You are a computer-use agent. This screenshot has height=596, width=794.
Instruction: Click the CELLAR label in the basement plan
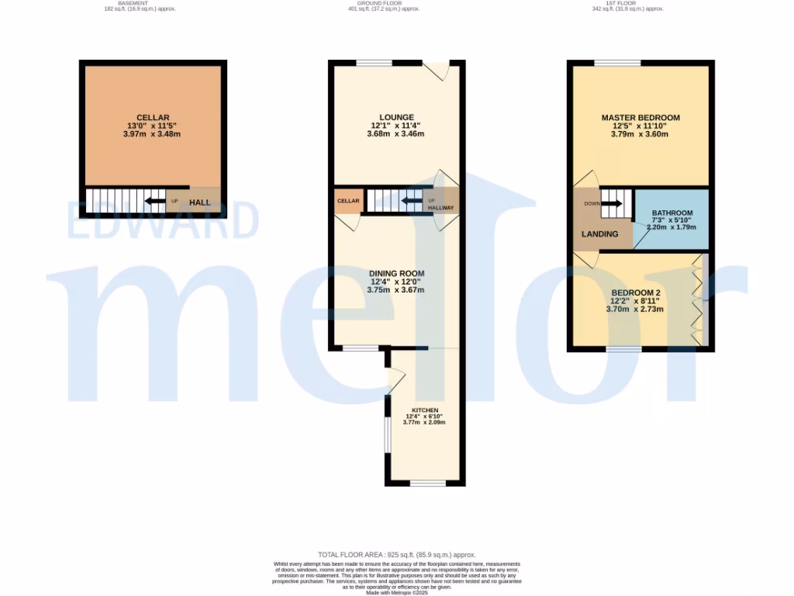[154, 118]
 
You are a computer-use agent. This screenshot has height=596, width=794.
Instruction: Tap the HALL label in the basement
[200, 202]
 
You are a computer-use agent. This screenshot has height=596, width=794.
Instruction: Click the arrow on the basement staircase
[155, 202]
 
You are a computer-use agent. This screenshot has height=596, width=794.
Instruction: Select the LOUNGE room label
[396, 118]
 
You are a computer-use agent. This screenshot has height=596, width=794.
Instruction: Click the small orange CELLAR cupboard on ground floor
[348, 201]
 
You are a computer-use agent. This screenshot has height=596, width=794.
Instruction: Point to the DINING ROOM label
[396, 274]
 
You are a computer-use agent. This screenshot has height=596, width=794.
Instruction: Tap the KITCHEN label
[425, 410]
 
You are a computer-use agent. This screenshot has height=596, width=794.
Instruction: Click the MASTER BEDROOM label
[640, 118]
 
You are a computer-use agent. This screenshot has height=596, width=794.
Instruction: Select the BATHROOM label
[671, 213]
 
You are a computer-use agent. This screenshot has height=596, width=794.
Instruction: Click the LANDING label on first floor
[600, 234]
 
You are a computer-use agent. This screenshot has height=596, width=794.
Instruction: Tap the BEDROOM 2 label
[640, 293]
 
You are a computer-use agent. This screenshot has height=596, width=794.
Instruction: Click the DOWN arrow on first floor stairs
[612, 204]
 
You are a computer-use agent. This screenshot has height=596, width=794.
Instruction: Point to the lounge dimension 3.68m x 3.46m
[396, 133]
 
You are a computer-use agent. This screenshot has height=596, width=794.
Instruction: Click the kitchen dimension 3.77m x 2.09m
[425, 424]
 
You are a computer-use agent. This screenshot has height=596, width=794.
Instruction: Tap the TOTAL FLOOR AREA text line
[396, 555]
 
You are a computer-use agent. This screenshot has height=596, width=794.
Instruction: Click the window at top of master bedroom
[617, 62]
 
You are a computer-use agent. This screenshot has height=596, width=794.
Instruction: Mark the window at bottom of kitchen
[428, 483]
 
